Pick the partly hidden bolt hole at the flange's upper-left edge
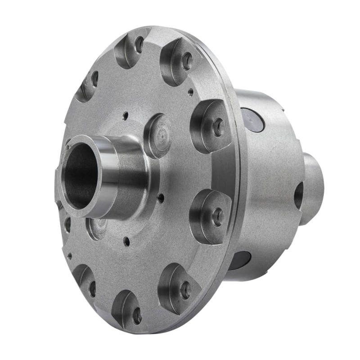coord(94,79)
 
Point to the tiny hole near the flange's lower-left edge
coord(69,256)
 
